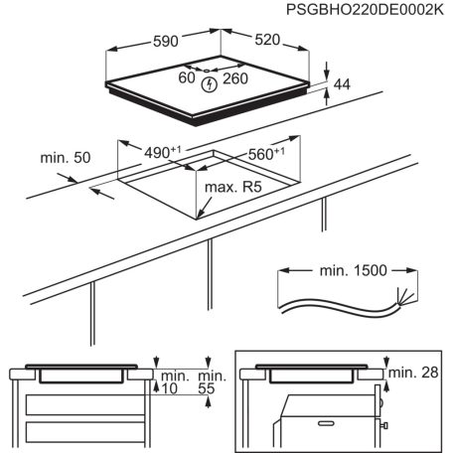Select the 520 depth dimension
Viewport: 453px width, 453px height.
point(268,42)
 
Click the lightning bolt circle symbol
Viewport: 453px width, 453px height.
point(209,84)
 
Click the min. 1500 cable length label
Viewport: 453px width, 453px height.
point(347,269)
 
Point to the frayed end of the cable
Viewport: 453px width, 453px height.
point(401,296)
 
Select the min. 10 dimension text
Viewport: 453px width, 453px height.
point(175,383)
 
